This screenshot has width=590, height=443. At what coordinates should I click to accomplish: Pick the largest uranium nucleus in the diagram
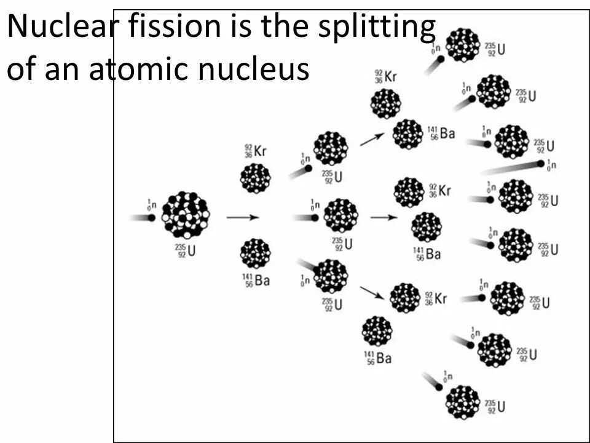pyautogui.click(x=185, y=215)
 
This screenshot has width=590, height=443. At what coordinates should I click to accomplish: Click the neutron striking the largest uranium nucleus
pyautogui.click(x=151, y=217)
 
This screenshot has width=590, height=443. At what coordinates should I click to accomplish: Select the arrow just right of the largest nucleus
pyautogui.click(x=242, y=217)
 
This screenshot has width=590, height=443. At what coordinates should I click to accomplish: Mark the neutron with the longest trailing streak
pyautogui.click(x=540, y=164)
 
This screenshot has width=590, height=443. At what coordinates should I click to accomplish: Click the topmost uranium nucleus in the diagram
pyautogui.click(x=462, y=45)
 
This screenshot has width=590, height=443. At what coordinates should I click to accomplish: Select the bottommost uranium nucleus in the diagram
pyautogui.click(x=462, y=402)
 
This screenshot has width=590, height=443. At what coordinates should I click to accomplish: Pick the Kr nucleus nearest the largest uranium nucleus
pyautogui.click(x=255, y=178)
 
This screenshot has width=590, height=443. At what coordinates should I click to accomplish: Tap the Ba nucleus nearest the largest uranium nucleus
pyautogui.click(x=255, y=253)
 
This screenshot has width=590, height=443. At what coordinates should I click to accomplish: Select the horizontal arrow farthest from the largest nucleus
pyautogui.click(x=383, y=217)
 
